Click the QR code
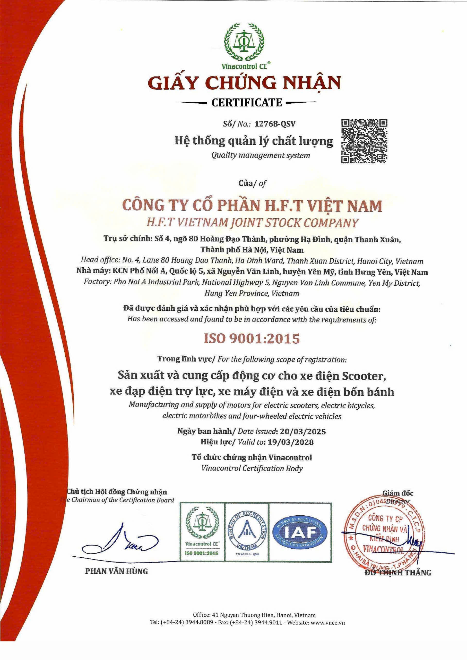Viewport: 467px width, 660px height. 364,141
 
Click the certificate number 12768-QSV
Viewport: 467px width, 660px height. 273,124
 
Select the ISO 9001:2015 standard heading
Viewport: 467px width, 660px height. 252,339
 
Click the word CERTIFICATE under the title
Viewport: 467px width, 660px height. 247,103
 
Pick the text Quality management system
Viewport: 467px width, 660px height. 261,155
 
